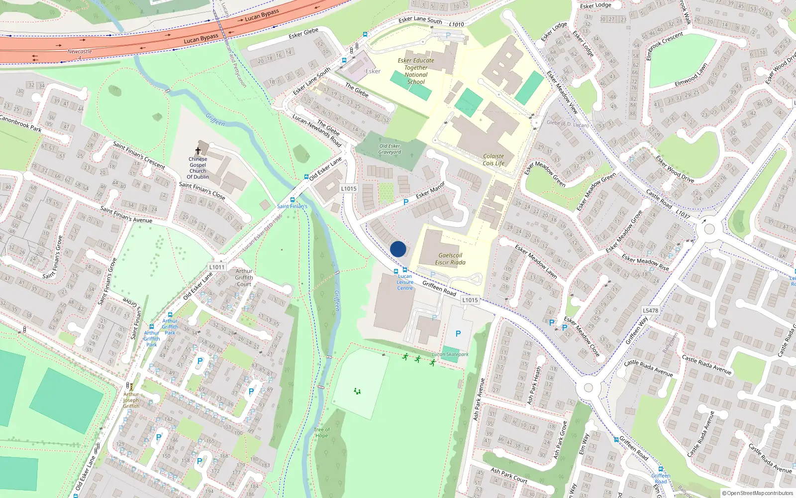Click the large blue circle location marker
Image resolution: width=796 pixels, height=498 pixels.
398,249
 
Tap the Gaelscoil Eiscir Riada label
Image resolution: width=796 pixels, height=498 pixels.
450,259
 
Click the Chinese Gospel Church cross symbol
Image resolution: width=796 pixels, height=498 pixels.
198,151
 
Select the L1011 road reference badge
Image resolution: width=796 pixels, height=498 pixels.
217,267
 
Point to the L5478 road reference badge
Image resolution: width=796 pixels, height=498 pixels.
650,310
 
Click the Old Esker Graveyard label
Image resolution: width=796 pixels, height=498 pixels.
390,149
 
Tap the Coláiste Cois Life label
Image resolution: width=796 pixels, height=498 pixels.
493,159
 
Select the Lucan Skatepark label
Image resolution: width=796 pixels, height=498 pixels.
450,355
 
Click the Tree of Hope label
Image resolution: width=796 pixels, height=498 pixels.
321,432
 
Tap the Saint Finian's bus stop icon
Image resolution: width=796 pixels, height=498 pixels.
293,200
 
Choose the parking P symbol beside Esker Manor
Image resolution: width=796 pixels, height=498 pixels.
405,202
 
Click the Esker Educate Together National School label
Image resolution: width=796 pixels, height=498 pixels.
416,71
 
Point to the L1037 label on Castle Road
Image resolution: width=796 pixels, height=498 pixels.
683,214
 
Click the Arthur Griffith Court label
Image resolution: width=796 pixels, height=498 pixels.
244,277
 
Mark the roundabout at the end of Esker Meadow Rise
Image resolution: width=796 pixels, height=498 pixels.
709,230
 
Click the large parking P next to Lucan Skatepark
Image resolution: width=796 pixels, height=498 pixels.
458,334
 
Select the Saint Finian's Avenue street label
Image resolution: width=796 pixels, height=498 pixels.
126,214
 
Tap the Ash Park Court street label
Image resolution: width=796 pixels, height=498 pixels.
509,475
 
